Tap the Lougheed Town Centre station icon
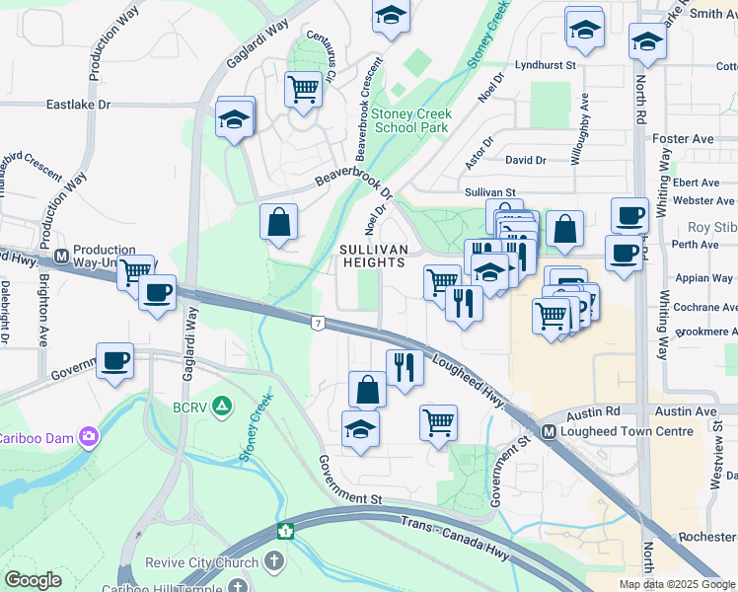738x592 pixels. click(550, 431)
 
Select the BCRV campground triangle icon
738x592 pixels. click(223, 406)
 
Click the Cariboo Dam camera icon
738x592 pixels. click(90, 435)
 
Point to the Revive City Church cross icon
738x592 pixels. click(272, 561)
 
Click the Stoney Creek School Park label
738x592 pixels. click(409, 120)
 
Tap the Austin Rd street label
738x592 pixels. click(599, 410)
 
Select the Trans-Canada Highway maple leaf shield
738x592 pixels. click(286, 532)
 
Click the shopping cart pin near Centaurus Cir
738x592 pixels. click(302, 89)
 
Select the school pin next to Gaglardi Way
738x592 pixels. click(235, 119)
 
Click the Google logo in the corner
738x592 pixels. click(34, 580)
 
